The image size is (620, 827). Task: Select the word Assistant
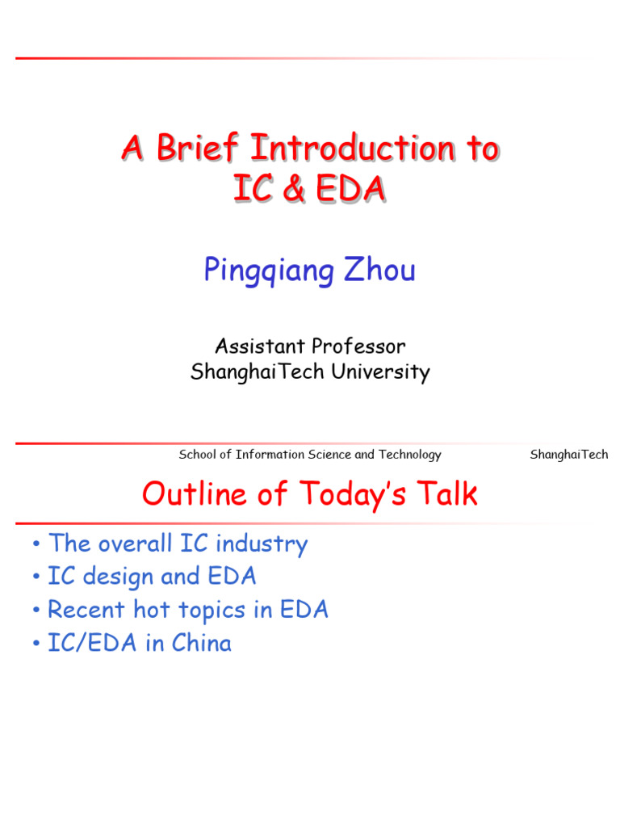click(259, 346)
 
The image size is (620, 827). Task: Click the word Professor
click(359, 346)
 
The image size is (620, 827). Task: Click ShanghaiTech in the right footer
click(568, 455)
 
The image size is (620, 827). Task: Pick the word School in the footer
click(199, 455)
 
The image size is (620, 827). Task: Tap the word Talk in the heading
click(445, 494)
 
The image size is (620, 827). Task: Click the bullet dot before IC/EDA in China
click(37, 644)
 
